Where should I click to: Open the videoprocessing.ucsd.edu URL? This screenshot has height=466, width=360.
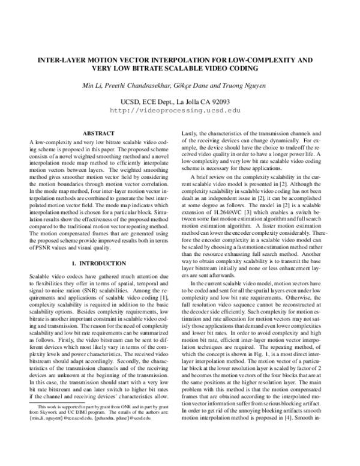[179, 110]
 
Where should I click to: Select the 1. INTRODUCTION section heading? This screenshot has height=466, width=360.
[98, 264]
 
